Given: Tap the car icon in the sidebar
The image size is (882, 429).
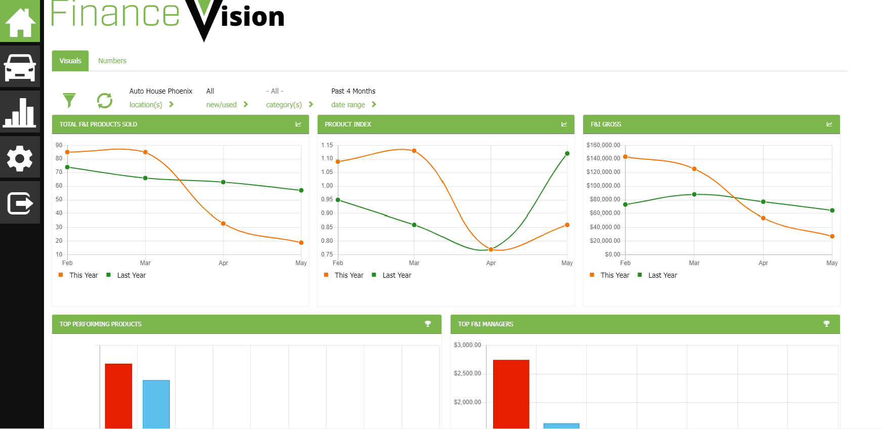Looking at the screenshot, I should click(x=20, y=67).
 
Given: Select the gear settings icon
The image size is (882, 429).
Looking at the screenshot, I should click(x=20, y=158).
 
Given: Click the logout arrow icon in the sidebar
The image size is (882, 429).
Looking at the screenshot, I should click(x=20, y=203).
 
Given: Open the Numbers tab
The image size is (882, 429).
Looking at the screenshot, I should click(x=112, y=61).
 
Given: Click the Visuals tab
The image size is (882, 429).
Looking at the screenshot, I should click(x=70, y=61).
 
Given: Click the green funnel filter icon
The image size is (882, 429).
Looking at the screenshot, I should click(x=69, y=100).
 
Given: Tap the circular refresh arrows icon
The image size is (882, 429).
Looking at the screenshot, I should click(x=105, y=100).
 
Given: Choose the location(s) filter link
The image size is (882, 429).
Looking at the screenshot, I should click(x=146, y=105).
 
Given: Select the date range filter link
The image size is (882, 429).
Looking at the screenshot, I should click(x=348, y=105).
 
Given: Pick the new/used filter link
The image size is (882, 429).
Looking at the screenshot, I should click(x=222, y=105).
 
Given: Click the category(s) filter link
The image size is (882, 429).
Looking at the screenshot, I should click(x=284, y=105).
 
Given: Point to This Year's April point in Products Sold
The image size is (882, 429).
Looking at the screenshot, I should click(x=224, y=224).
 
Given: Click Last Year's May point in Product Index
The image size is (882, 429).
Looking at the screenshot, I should click(x=567, y=153).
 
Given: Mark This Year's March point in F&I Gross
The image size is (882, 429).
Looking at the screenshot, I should click(x=694, y=169).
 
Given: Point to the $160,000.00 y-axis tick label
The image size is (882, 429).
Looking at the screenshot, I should click(x=603, y=145).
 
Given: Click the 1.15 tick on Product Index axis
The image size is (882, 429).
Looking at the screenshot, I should click(x=327, y=145).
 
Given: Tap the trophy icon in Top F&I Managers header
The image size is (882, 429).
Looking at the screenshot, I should click(x=826, y=324).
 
